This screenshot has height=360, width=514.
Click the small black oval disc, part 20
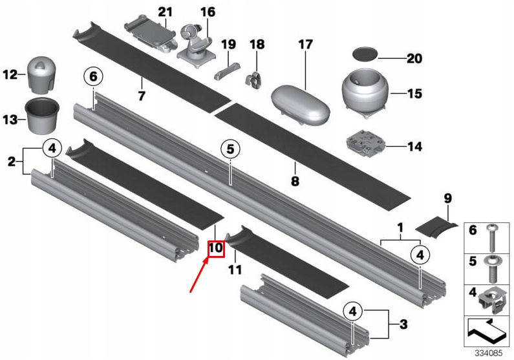pyautogui.click(x=365, y=53)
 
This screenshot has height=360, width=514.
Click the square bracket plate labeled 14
pyautogui.click(x=364, y=144)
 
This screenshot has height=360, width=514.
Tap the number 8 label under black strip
pyautogui.click(x=295, y=182)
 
